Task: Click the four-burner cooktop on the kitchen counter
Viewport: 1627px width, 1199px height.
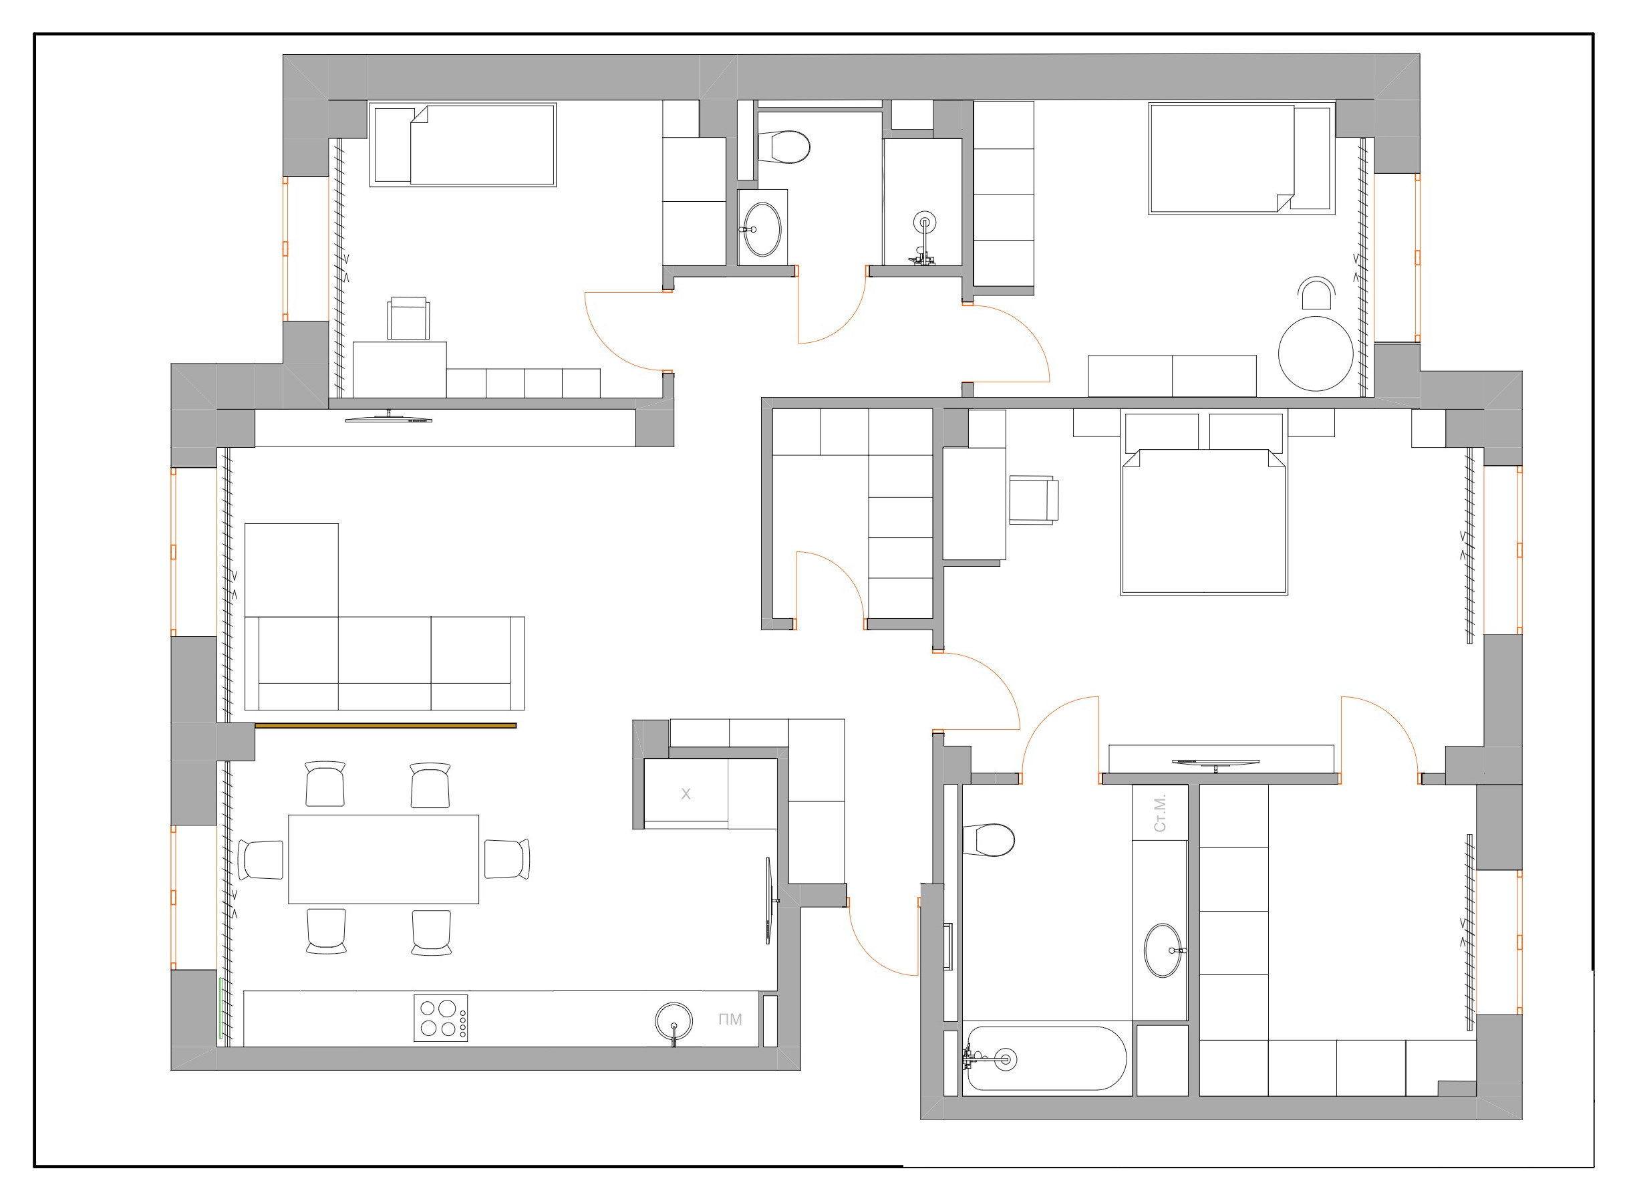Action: (440, 1018)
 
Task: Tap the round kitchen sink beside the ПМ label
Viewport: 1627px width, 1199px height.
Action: (674, 1021)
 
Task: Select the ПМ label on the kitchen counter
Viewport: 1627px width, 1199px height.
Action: (730, 1019)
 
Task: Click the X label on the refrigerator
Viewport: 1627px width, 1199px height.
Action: (685, 794)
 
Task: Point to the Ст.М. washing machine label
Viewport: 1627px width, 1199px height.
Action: (1160, 813)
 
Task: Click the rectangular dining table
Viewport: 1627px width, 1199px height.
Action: (383, 859)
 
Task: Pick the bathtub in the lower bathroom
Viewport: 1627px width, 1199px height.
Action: (1045, 1058)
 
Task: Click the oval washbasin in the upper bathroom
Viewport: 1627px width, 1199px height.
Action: (762, 229)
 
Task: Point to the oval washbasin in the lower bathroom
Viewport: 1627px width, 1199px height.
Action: (1163, 950)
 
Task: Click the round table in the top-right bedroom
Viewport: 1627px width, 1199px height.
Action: (1315, 354)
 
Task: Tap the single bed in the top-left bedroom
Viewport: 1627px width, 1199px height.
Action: (463, 144)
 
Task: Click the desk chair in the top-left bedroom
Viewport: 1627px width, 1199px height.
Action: (408, 318)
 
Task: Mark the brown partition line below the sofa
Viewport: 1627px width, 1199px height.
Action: (386, 725)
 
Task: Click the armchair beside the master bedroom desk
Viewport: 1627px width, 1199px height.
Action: (1032, 499)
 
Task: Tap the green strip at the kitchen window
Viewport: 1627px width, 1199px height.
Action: (220, 1007)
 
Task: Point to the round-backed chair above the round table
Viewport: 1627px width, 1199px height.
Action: (1316, 294)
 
